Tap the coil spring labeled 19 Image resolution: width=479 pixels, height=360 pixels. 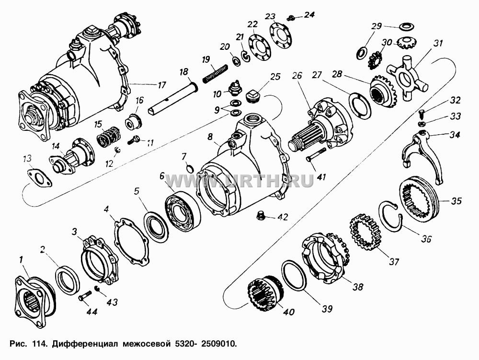(x=216, y=73)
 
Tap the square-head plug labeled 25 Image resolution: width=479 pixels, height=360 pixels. (x=253, y=96)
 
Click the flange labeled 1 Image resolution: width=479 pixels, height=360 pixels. (x=35, y=301)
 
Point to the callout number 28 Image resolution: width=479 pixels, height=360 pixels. (x=338, y=75)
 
